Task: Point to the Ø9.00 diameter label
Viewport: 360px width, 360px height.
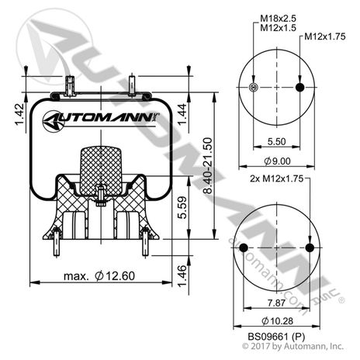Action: (278, 161)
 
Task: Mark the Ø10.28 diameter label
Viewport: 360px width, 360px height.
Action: (278, 321)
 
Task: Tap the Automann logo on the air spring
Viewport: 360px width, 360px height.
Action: (101, 120)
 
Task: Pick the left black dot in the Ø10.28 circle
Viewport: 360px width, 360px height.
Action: (244, 248)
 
